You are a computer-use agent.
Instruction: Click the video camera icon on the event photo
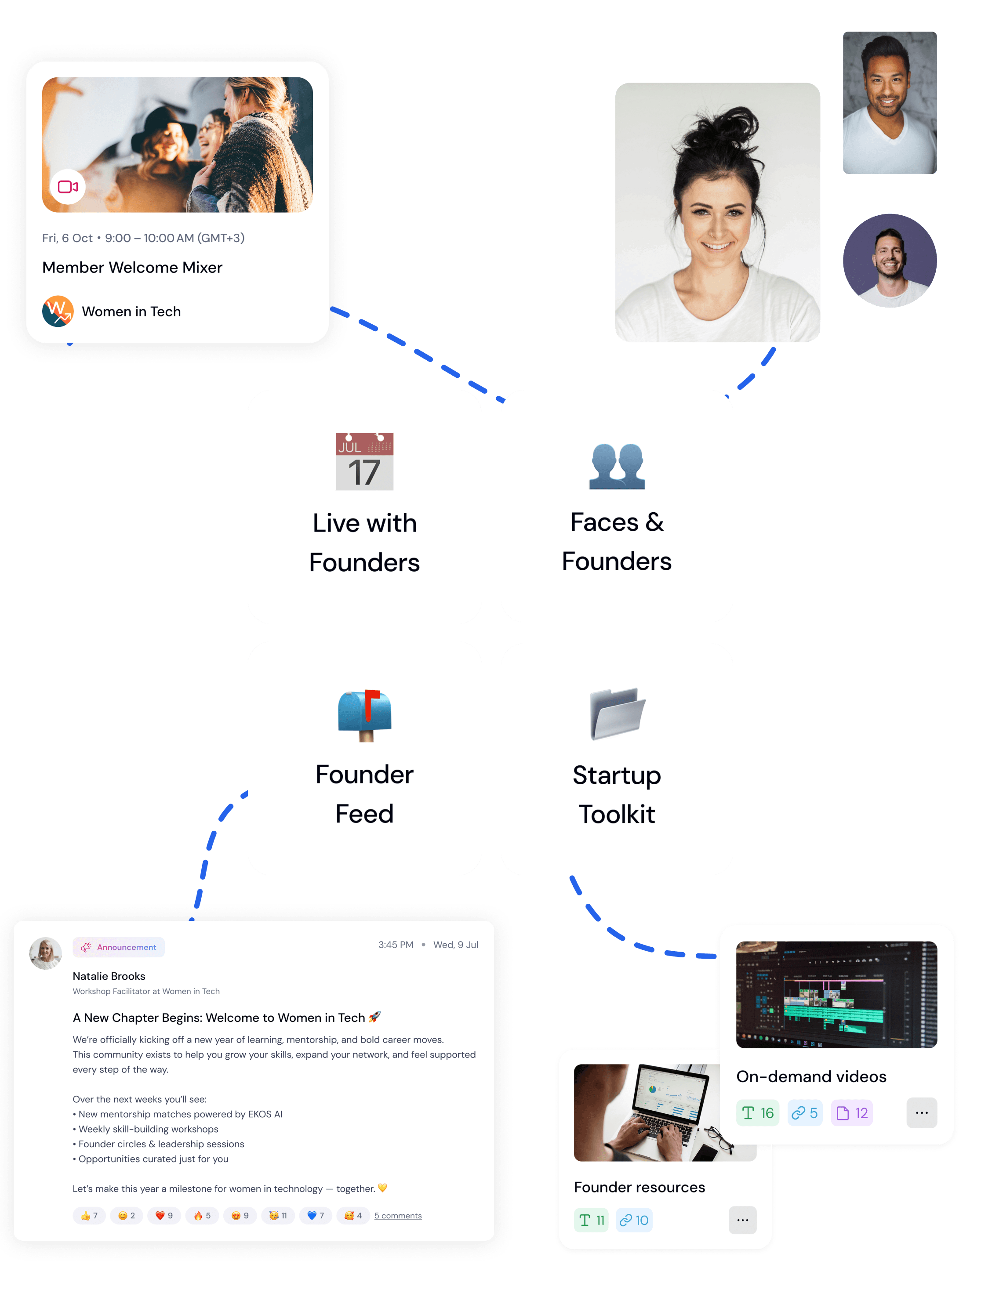point(68,187)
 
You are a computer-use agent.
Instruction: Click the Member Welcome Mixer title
point(132,268)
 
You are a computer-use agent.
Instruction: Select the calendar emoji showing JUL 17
point(364,462)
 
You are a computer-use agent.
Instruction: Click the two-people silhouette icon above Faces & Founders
point(617,466)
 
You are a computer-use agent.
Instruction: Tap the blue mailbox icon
point(364,714)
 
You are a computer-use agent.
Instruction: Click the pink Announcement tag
point(119,947)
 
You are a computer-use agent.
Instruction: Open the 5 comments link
point(398,1216)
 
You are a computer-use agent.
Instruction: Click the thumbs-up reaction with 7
point(89,1216)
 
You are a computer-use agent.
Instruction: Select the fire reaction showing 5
point(202,1216)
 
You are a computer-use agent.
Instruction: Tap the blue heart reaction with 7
point(316,1216)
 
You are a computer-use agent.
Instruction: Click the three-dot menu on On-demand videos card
point(921,1113)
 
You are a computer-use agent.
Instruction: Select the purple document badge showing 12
point(852,1113)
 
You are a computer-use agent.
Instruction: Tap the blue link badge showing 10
point(634,1220)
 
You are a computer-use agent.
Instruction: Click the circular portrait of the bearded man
point(890,261)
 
